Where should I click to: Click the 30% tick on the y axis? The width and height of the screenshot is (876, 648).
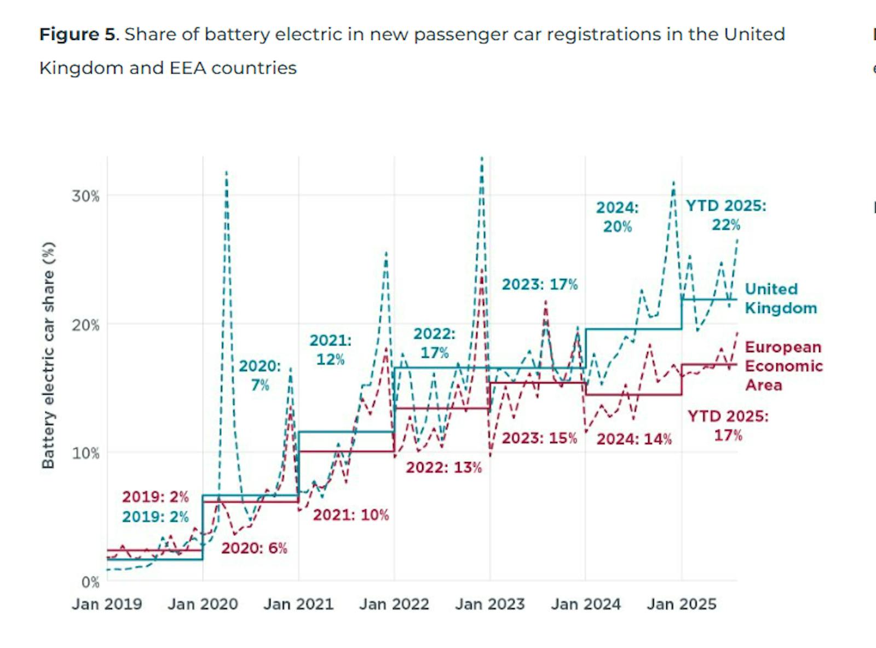tap(85, 196)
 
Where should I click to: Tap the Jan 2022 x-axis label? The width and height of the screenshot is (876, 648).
tap(394, 604)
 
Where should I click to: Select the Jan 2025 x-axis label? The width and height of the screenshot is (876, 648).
tap(682, 604)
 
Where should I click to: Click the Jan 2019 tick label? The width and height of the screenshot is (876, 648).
tap(107, 604)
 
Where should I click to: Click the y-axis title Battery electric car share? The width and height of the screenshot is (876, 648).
tap(49, 355)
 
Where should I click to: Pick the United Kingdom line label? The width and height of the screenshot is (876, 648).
tap(781, 299)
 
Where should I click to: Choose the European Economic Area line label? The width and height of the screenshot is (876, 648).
tap(783, 366)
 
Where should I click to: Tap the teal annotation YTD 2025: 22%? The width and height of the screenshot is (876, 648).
tap(726, 215)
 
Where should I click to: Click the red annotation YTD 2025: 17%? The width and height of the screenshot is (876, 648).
tap(728, 425)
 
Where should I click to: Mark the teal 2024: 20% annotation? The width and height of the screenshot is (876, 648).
tap(618, 217)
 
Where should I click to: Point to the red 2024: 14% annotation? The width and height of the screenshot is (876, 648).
tap(634, 439)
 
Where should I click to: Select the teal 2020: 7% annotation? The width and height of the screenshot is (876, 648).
tap(260, 375)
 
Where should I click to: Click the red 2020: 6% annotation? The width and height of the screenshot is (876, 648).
tap(254, 548)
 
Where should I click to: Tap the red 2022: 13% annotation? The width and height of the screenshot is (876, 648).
tap(444, 468)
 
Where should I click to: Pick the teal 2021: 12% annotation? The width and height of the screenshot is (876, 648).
tap(331, 349)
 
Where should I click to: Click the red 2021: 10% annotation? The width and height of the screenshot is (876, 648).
tap(351, 515)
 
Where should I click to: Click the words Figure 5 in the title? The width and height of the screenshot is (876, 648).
tap(78, 34)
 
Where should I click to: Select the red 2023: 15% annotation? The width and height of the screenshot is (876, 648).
tap(539, 439)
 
